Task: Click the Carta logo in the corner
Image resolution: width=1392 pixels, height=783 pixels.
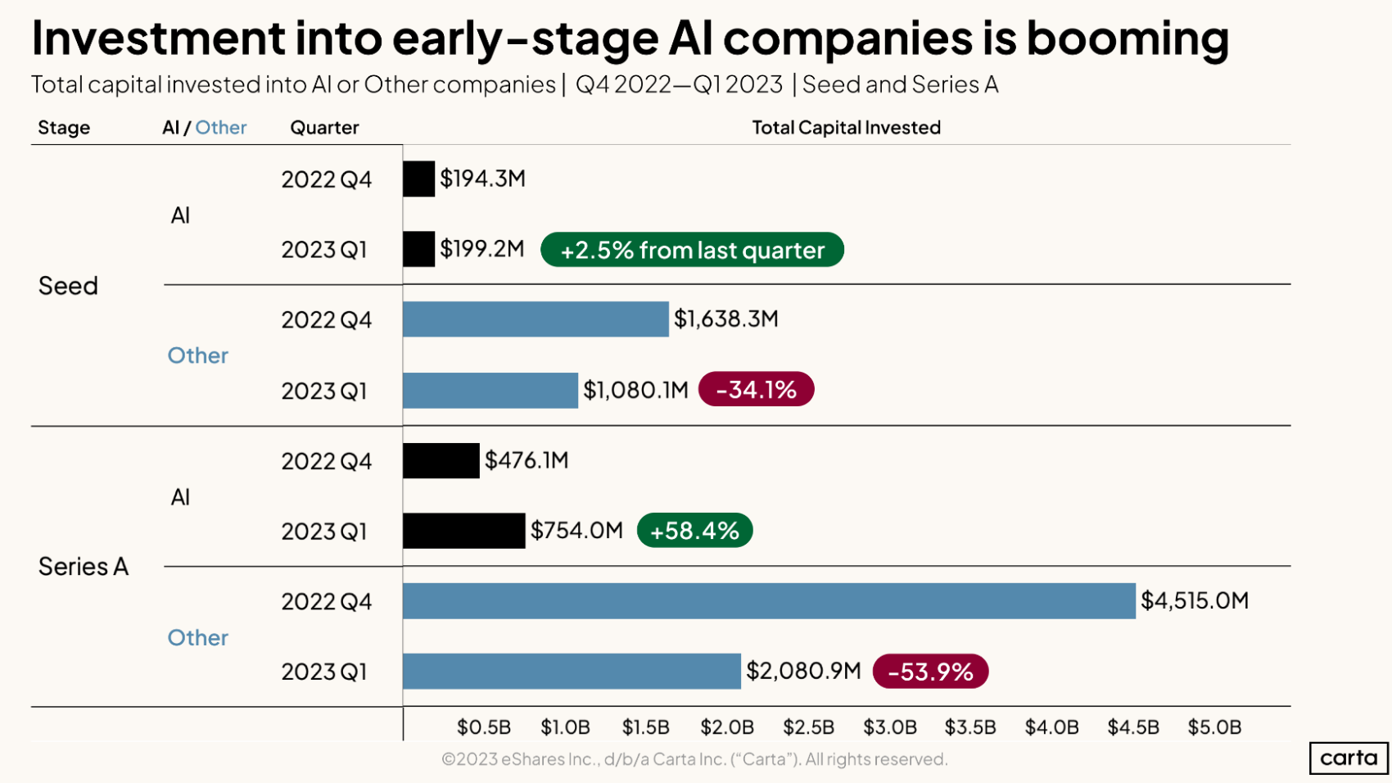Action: coord(1349,758)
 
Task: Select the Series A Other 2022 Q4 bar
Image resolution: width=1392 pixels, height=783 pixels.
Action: coord(769,601)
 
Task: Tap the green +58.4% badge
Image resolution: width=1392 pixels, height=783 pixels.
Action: coord(694,531)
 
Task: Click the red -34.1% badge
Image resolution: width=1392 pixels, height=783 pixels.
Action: coord(756,389)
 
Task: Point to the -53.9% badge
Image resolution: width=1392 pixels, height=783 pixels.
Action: coord(930,672)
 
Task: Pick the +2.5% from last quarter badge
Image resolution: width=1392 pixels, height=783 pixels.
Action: coord(692,250)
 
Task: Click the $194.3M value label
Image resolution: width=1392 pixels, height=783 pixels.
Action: coord(482,179)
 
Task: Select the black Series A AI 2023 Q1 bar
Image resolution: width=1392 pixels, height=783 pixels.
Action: coord(463,531)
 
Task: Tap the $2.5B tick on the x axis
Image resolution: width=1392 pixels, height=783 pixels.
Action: coord(808,727)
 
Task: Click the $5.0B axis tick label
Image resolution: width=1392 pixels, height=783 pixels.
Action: coord(1214,727)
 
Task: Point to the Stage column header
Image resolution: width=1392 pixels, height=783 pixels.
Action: coord(64,128)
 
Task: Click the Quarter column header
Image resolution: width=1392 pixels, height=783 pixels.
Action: coord(324,128)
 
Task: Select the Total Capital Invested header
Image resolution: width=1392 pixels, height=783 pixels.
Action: coord(846,128)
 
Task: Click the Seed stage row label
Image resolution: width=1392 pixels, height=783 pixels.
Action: coord(68,286)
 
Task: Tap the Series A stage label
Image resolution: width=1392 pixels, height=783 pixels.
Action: coord(83,567)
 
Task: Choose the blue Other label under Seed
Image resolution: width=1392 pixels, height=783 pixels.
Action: coord(197,355)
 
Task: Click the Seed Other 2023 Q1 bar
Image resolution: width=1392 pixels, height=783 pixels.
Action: coord(490,390)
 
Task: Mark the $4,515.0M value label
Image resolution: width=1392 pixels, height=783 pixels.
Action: coord(1194,601)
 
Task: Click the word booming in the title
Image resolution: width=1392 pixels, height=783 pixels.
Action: coord(1128,38)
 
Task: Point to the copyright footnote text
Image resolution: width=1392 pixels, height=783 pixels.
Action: coord(694,759)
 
